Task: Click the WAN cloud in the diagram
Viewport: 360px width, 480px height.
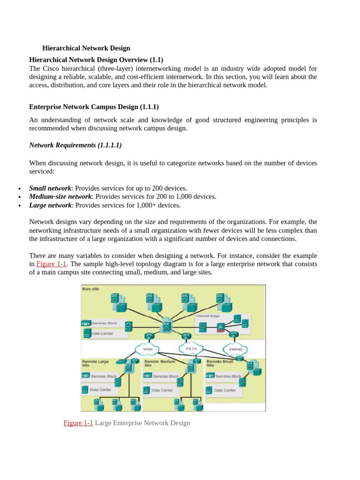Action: point(147,349)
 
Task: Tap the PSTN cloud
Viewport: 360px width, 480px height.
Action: point(191,349)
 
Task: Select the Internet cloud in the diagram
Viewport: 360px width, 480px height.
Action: point(235,349)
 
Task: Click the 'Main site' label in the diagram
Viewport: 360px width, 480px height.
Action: point(90,289)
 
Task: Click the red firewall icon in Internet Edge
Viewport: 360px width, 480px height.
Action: point(220,330)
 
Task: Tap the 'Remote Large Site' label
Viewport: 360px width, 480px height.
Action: point(95,363)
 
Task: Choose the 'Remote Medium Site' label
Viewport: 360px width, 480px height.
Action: point(159,363)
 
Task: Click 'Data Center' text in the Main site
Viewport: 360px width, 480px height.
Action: point(102,334)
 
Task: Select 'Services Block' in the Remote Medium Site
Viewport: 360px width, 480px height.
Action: point(166,376)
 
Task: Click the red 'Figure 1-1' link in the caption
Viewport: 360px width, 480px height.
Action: point(78,423)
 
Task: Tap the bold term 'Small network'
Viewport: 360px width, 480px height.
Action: point(50,188)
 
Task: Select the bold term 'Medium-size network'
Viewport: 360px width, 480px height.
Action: point(60,196)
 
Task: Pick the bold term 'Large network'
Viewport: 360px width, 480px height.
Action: point(50,205)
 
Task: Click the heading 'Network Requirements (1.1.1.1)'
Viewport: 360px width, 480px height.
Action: point(75,145)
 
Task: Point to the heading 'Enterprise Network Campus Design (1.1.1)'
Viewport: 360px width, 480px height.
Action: point(97,107)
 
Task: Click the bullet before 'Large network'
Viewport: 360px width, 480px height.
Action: point(19,206)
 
